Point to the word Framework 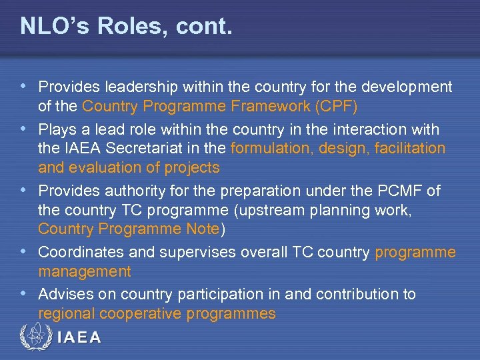[x=265, y=107]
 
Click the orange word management [x=85, y=273]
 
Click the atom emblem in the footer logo [x=35, y=337]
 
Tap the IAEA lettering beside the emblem [x=80, y=338]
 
